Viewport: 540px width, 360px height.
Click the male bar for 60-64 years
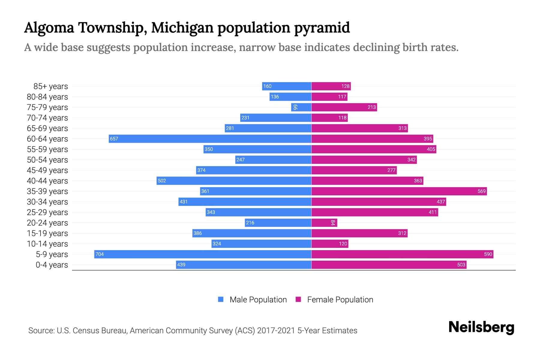210,139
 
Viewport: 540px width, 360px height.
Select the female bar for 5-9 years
402,254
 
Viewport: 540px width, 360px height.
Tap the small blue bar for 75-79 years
301,107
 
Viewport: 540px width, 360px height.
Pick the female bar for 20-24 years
324,223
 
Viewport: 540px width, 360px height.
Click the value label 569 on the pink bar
481,191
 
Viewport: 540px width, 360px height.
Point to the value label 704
99,254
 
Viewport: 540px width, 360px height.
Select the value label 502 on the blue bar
162,181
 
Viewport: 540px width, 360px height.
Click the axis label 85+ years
50,86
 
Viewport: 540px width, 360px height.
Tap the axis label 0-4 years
52,265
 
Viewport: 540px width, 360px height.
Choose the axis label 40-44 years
47,181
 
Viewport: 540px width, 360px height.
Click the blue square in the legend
221,299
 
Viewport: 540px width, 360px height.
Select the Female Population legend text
340,299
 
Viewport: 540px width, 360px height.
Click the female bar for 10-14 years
330,244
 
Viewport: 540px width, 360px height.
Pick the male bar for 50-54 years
273,160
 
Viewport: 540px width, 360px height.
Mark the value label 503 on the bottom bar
461,265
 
